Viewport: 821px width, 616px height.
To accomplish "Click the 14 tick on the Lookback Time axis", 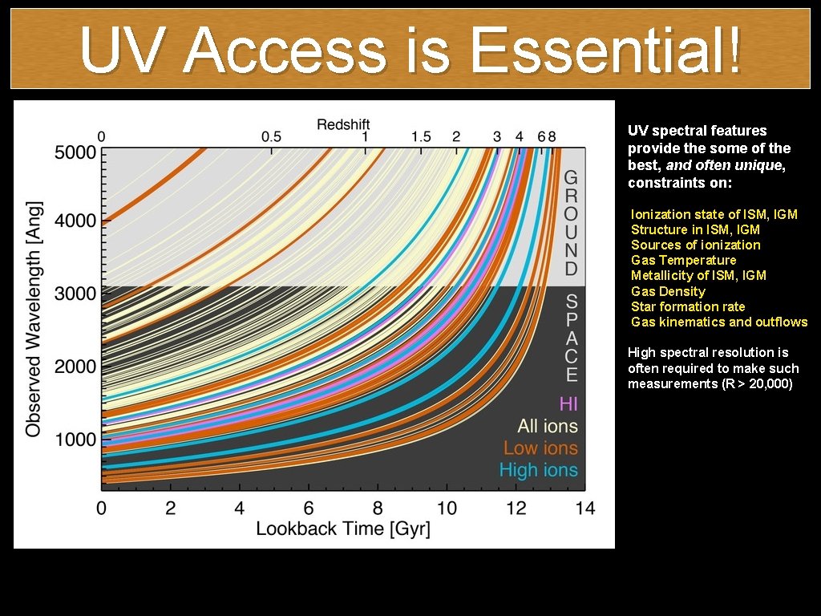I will click(585, 508).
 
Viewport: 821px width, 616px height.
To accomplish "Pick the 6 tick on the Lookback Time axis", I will click(309, 508).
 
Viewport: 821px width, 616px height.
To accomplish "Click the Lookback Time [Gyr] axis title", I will click(343, 529).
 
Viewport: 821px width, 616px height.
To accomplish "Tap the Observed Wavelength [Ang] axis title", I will click(34, 319).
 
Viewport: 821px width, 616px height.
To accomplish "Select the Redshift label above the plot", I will click(343, 124).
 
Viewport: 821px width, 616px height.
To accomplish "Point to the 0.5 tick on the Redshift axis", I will click(272, 136).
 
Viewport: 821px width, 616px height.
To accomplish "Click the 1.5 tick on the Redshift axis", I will click(421, 136).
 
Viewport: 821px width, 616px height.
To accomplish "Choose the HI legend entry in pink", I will click(568, 403).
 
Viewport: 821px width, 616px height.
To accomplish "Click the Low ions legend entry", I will click(540, 448).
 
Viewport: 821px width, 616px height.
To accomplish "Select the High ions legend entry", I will click(538, 470).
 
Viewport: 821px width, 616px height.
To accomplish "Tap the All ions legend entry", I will click(547, 426).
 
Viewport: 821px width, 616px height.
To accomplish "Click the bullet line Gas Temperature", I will click(683, 260).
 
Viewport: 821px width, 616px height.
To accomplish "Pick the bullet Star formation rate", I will click(688, 306).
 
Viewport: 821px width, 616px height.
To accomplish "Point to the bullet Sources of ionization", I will click(695, 245).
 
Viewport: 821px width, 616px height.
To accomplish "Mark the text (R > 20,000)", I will click(754, 384).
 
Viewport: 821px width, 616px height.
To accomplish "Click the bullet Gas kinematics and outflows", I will click(719, 322).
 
